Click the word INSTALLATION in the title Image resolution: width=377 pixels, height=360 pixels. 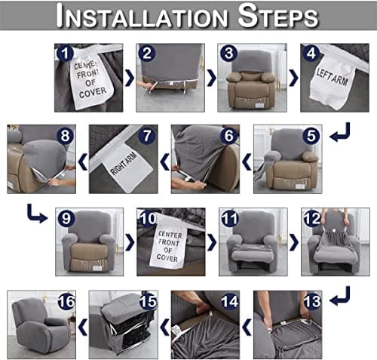142,16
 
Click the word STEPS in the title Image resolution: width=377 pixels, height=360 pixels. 278,15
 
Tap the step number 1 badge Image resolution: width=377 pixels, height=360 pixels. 65,54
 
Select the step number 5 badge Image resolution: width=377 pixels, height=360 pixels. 311,136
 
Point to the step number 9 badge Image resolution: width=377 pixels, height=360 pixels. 66,218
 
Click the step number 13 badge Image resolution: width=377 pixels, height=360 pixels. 312,301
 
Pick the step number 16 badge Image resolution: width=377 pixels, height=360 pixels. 66,301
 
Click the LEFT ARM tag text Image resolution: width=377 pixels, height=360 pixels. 333,77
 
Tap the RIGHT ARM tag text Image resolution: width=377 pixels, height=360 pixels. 124,164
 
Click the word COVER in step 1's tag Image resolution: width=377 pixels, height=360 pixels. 93,92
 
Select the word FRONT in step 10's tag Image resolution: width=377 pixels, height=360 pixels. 169,243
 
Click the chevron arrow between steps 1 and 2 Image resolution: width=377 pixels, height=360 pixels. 130,78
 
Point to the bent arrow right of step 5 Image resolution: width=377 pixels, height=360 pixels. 340,132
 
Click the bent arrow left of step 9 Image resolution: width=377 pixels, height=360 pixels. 37,214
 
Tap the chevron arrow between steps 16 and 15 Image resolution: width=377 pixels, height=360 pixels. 83,327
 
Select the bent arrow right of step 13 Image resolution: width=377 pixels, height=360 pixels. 340,296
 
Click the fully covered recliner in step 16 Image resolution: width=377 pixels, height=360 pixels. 41,326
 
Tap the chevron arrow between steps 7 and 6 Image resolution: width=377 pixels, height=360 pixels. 164,162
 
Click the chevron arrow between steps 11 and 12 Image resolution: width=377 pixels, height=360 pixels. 294,242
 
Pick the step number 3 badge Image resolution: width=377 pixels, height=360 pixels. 228,54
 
